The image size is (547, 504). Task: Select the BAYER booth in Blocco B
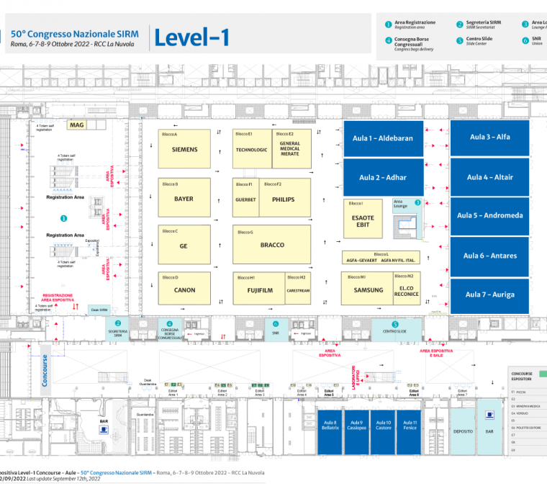(x=185, y=198)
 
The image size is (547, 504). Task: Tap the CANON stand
(x=185, y=290)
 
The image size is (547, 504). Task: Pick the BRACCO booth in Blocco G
(x=272, y=245)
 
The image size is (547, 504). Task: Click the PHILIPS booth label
(x=284, y=199)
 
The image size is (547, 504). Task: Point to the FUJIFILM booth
(x=258, y=290)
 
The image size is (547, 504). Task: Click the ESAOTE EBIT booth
(x=363, y=221)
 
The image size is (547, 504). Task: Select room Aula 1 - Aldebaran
(x=383, y=138)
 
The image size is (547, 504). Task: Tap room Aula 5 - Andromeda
(x=489, y=215)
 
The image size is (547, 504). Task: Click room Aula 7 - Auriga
(x=489, y=294)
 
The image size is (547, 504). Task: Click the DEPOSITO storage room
(x=463, y=431)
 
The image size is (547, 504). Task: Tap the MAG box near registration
(x=76, y=125)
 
